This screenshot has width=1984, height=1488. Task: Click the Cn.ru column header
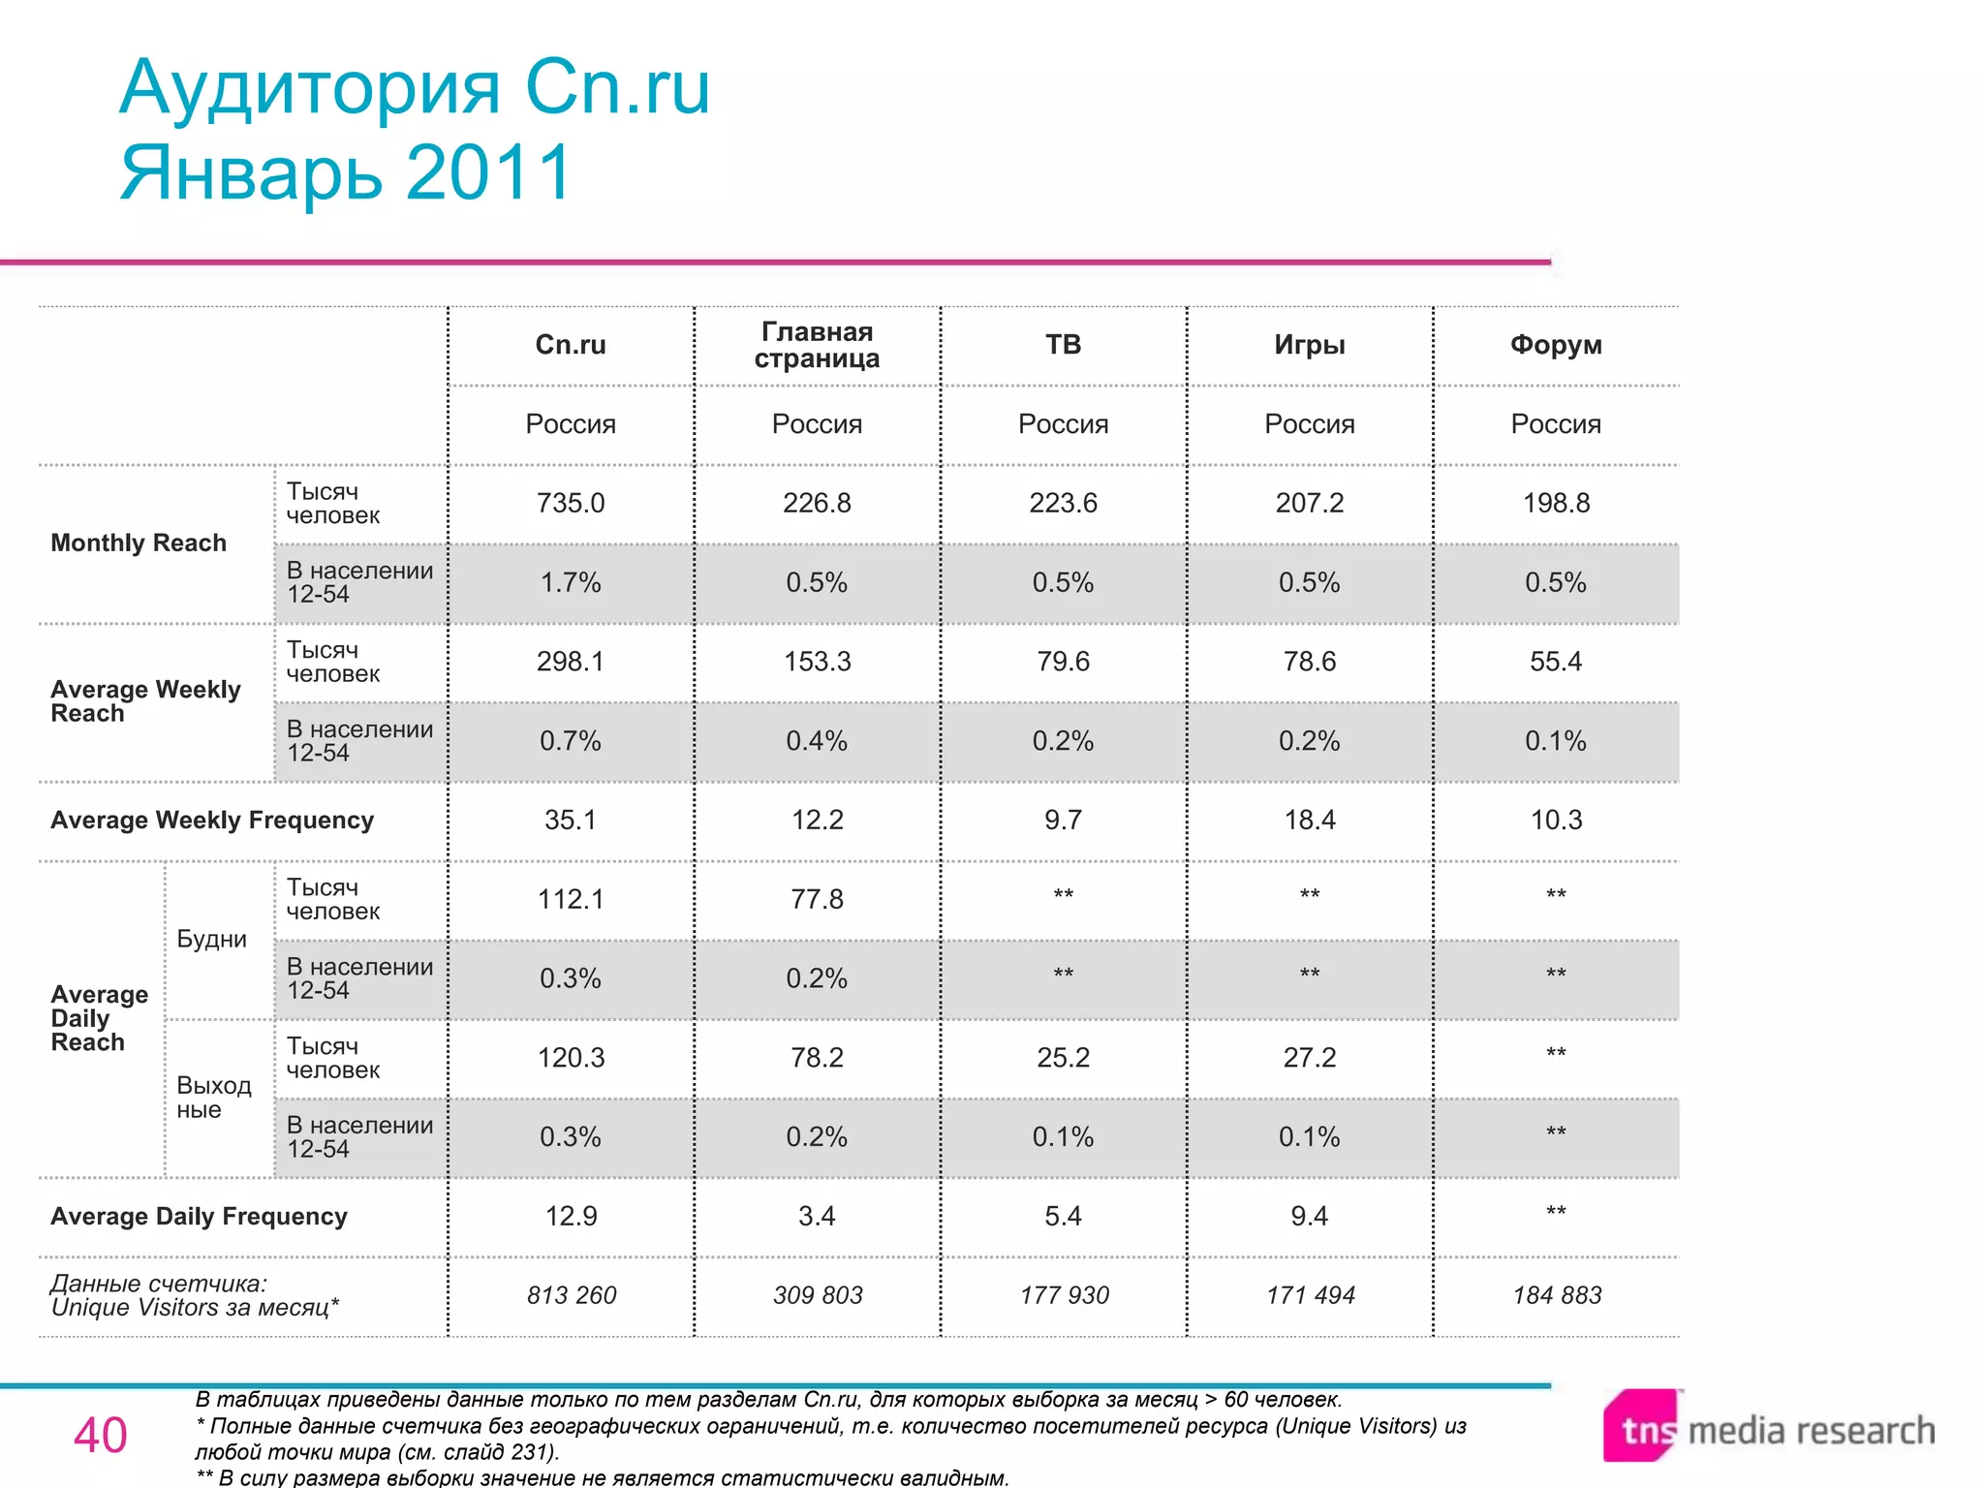(x=571, y=345)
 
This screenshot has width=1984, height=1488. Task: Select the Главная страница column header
(x=817, y=345)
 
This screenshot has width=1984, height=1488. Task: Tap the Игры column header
(x=1309, y=345)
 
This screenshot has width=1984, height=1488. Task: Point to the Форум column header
(x=1556, y=345)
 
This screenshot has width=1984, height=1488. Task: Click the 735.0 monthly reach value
(x=571, y=503)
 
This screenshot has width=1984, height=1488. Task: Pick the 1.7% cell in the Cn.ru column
(x=571, y=582)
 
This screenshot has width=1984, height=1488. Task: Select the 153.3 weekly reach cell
(x=817, y=662)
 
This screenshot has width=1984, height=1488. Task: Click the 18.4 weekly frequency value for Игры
(x=1309, y=820)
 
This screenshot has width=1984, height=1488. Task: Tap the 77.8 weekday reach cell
(x=817, y=899)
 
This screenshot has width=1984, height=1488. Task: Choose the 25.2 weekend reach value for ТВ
(x=1063, y=1057)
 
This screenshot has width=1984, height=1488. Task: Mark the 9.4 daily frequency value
(x=1309, y=1216)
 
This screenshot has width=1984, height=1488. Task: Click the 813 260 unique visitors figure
(x=571, y=1295)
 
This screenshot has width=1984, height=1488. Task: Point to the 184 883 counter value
(x=1557, y=1295)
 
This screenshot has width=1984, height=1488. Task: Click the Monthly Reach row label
(x=139, y=542)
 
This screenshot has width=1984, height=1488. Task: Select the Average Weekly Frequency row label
(x=212, y=821)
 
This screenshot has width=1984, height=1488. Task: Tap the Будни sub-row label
(x=211, y=939)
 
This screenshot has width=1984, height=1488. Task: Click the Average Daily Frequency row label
(x=199, y=1217)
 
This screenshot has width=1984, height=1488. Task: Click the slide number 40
(x=100, y=1435)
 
